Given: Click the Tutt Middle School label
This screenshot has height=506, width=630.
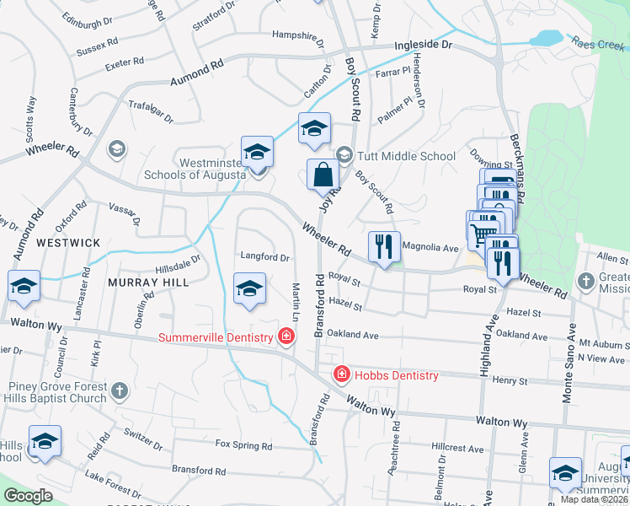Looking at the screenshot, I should [406, 156].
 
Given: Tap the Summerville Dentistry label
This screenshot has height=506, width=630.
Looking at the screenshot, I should [217, 338].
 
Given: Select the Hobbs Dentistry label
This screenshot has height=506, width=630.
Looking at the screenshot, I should [396, 375].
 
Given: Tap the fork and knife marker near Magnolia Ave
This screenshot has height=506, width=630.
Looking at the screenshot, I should [384, 247].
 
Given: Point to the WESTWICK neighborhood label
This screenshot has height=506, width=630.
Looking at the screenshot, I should [67, 243].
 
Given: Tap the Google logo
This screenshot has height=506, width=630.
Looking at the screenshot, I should [28, 496].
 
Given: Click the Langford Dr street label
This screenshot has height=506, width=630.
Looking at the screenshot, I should [264, 257].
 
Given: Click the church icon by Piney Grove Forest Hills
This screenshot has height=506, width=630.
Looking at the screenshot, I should [120, 390].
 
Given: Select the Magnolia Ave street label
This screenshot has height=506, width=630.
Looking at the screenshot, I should [430, 248].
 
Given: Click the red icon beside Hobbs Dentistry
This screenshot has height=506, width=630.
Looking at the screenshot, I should [342, 374].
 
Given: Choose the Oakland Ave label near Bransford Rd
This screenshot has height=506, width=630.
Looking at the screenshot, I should [353, 334].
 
